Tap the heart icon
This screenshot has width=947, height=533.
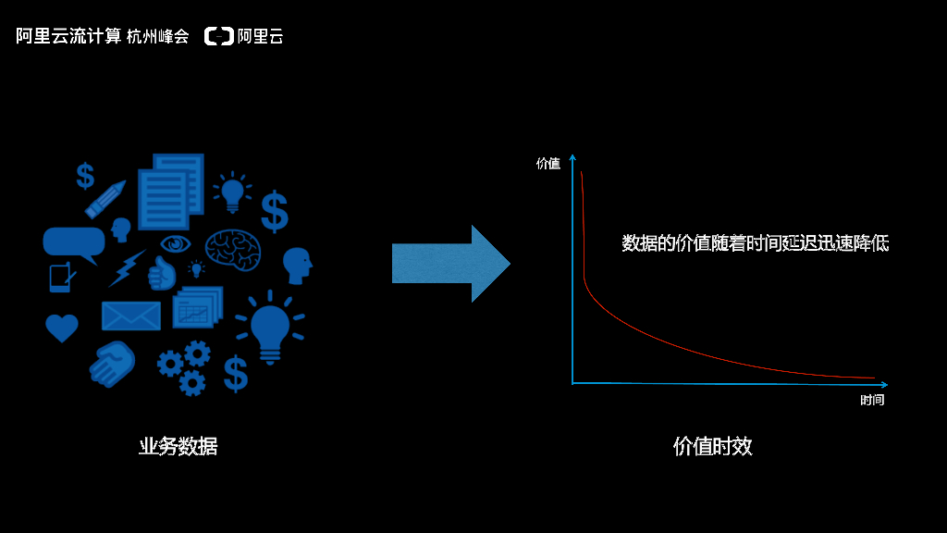tap(62, 328)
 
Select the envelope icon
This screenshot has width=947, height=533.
tap(130, 316)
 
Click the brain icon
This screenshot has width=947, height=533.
tap(232, 249)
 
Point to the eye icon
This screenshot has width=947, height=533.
tap(175, 243)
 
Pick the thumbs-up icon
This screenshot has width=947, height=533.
tap(162, 274)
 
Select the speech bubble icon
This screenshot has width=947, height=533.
tap(73, 243)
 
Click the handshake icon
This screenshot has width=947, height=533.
tap(112, 363)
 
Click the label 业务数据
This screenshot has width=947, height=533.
tap(178, 446)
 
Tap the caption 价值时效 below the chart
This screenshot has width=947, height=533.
tap(713, 446)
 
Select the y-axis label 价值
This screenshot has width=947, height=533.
tap(548, 164)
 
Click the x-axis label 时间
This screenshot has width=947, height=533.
tap(872, 400)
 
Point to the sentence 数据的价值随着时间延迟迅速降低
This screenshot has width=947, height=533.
tap(756, 243)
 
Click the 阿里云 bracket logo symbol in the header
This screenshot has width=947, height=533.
tap(219, 37)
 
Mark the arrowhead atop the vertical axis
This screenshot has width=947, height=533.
tap(572, 157)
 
